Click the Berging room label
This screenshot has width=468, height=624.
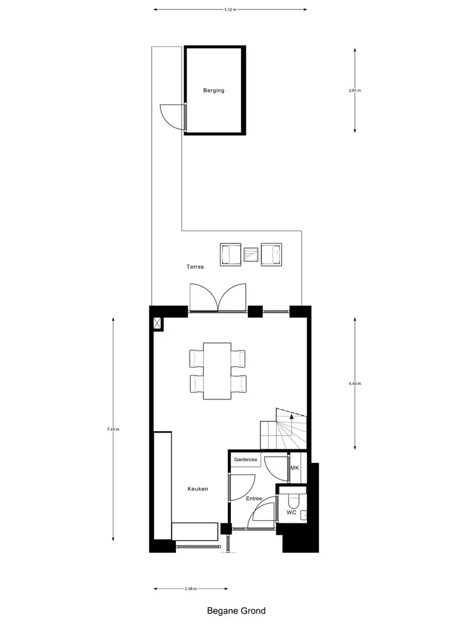[x=213, y=90]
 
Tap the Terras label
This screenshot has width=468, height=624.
[x=195, y=266]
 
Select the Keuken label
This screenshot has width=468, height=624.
[x=197, y=489]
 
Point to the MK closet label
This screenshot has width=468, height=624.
[x=295, y=468]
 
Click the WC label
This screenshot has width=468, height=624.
[x=291, y=512]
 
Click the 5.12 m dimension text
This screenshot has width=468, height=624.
[x=230, y=10]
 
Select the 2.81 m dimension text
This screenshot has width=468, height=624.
[x=355, y=90]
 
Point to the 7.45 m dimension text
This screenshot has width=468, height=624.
[x=113, y=429]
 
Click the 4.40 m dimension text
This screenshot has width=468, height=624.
[x=355, y=384]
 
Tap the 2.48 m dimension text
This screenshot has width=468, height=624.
[x=191, y=588]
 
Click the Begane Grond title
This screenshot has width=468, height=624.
[x=236, y=611]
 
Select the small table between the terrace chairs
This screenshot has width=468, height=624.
[x=251, y=254]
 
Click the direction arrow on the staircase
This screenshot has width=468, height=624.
[x=291, y=416]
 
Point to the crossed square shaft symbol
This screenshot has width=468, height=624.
[x=158, y=323]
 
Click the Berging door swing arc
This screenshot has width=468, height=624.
[x=170, y=116]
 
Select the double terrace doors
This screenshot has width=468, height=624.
[x=218, y=298]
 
